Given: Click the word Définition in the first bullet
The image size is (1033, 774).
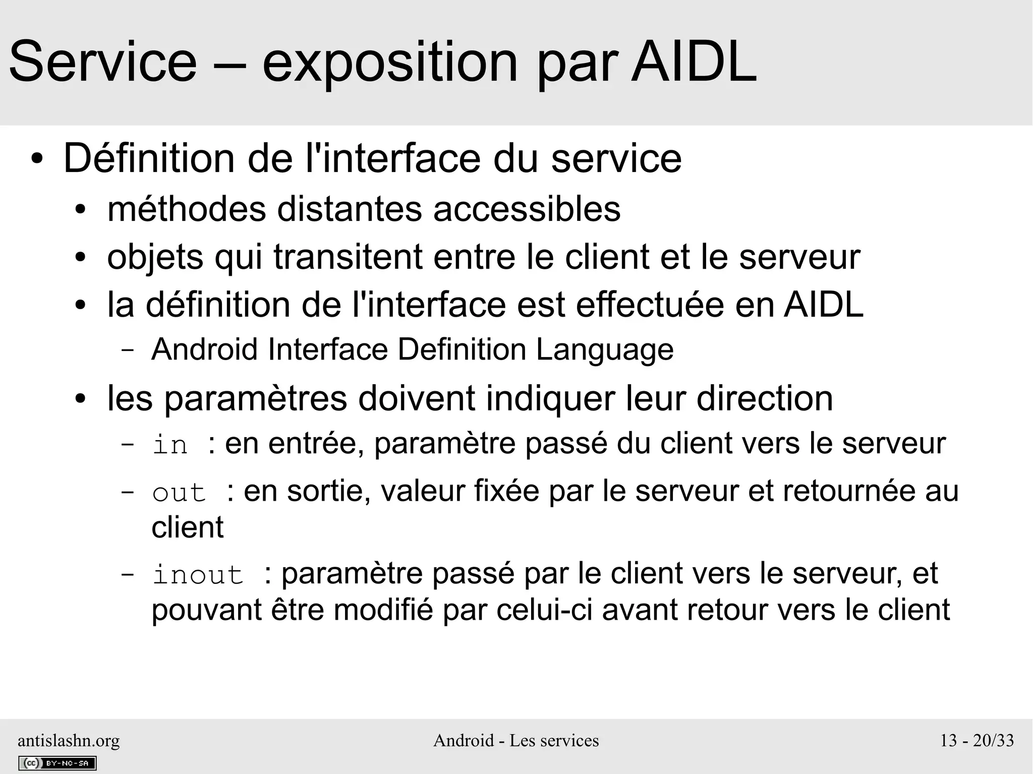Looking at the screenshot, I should tap(149, 159).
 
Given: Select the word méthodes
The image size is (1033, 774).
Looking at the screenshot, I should tap(187, 209).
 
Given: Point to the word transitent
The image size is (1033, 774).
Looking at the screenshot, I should tap(348, 257).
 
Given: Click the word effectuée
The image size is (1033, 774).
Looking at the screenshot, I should tap(650, 305).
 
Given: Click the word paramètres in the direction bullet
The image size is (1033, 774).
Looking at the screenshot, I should tap(256, 398).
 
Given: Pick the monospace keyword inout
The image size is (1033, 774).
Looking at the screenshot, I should tap(198, 575).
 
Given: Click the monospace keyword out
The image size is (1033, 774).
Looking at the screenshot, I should tap(179, 492).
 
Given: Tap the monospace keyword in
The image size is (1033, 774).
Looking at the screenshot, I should tap(170, 445).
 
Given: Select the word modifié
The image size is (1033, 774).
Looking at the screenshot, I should tap(383, 610).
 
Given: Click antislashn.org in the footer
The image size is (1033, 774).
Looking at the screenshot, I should tap(69, 740).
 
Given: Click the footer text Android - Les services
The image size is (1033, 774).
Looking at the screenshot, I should tap(516, 740).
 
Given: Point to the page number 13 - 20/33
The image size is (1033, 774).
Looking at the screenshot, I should tap(977, 740).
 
